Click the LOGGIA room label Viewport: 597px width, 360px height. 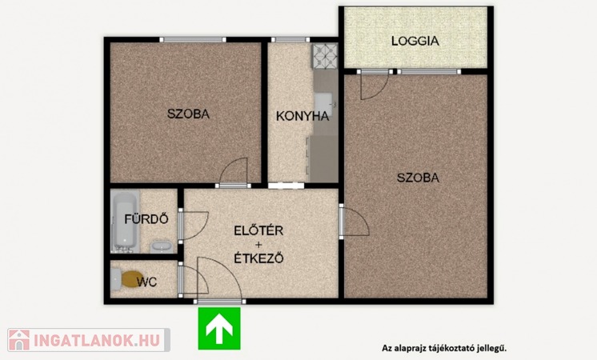pos(415,41)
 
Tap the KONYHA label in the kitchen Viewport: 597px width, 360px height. pos(303,116)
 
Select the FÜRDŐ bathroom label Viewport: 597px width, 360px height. pos(146,219)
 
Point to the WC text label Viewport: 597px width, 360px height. pos(147,282)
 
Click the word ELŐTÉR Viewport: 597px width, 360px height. pos(258,230)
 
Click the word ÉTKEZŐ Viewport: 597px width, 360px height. pos(258,258)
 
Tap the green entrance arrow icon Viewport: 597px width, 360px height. pos(219,329)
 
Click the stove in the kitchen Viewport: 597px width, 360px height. pos(325,56)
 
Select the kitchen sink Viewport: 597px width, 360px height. pos(323,105)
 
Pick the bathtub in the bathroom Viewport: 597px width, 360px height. pos(126,222)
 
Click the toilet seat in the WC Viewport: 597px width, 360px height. pos(132,279)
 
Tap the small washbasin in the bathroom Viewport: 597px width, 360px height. pos(162,246)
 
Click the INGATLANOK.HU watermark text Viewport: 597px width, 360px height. pos(97,340)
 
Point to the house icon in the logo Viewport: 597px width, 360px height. pos(19,340)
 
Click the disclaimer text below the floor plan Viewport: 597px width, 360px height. pos(444,348)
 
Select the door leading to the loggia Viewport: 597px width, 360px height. pos(375,86)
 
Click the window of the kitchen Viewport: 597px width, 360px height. pos(290,39)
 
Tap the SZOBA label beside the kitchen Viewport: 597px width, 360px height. pos(189,114)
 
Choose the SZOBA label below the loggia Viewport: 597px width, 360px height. pos(418,178)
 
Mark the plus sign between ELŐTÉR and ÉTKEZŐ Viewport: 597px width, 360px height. pos(258,244)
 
